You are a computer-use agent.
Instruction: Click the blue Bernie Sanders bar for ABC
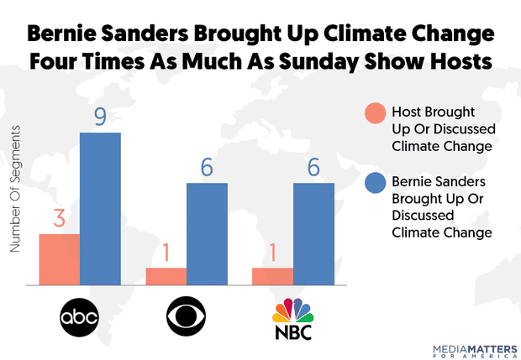pos(101,209)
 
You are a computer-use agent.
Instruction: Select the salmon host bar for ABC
pos(60,259)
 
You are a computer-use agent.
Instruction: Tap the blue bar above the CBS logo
pos(207,234)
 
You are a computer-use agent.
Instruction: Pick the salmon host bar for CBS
pos(166,276)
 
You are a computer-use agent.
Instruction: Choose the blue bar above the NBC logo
pos(313,234)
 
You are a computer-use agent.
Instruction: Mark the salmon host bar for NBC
pos(273,276)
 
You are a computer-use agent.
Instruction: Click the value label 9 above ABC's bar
pos(100,117)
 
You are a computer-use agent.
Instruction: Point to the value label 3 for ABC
pos(60,220)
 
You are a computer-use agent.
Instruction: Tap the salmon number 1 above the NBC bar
pos(273,253)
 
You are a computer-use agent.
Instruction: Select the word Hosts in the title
pos(455,65)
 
